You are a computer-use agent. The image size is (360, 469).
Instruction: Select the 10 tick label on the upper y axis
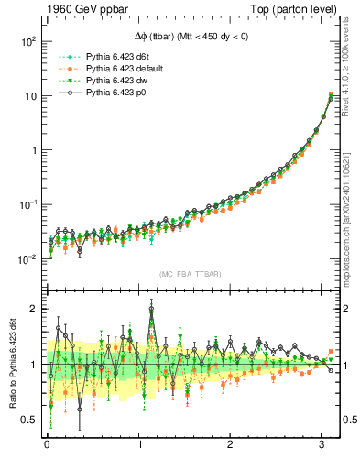30,96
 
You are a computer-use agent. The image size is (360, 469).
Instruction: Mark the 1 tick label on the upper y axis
33,150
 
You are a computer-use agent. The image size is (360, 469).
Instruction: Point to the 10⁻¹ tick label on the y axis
27,204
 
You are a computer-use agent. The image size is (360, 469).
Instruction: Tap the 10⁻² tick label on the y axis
27,258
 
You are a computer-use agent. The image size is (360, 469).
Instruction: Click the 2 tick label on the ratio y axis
33,309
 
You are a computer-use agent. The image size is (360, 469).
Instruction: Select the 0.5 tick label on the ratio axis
29,420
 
